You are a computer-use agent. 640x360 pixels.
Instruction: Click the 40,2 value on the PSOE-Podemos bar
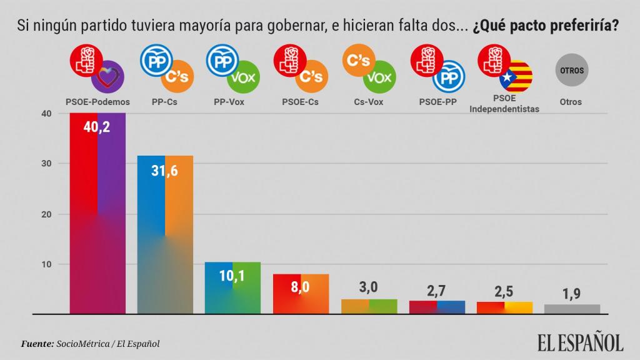point(97,128)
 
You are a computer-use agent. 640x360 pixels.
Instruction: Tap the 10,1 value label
point(232,277)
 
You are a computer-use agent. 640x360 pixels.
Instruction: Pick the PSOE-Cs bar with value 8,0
point(301,294)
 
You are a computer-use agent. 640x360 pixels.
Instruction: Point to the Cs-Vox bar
point(369,306)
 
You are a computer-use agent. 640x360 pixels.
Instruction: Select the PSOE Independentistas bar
point(504,307)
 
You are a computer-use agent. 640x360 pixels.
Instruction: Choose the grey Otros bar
point(571,309)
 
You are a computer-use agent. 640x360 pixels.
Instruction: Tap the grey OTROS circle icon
point(571,71)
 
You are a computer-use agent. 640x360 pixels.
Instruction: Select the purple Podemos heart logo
point(107,77)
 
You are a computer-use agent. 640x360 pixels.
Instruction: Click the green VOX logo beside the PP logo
point(244,77)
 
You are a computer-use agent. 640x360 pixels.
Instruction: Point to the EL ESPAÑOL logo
point(580,342)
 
